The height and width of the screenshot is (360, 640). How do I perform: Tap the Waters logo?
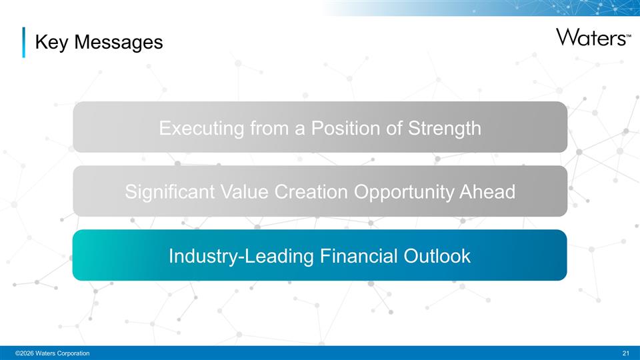(589, 37)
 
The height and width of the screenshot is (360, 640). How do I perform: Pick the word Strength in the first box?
(447, 128)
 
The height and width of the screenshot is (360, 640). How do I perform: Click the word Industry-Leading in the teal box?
(241, 256)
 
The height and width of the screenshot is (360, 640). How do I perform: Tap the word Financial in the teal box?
(361, 256)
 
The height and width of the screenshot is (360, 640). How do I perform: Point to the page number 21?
(625, 353)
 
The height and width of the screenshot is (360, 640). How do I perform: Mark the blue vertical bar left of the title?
(24, 43)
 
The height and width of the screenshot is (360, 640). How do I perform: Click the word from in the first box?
(270, 128)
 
